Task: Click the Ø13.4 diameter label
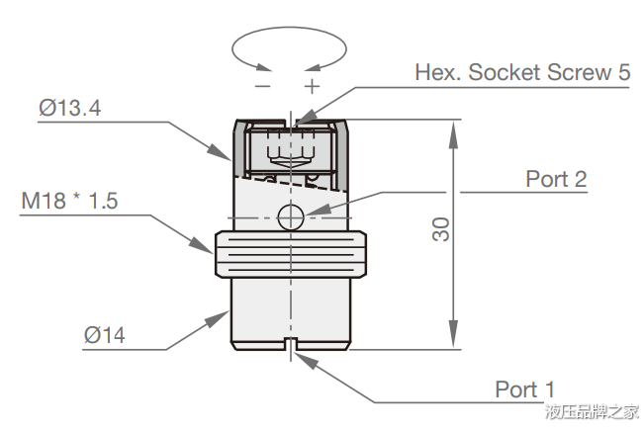pos(70,109)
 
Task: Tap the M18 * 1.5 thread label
pos(69,202)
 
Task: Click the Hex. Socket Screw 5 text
pos(522,73)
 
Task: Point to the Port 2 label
pos(556,179)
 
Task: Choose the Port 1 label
pos(525,388)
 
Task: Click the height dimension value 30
pos(441,229)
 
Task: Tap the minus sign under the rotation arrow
pos(262,85)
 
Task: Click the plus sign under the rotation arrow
pos(312,85)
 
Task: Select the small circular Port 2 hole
pos(290,217)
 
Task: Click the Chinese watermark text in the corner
pos(591,412)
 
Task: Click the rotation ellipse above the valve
pos(288,47)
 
